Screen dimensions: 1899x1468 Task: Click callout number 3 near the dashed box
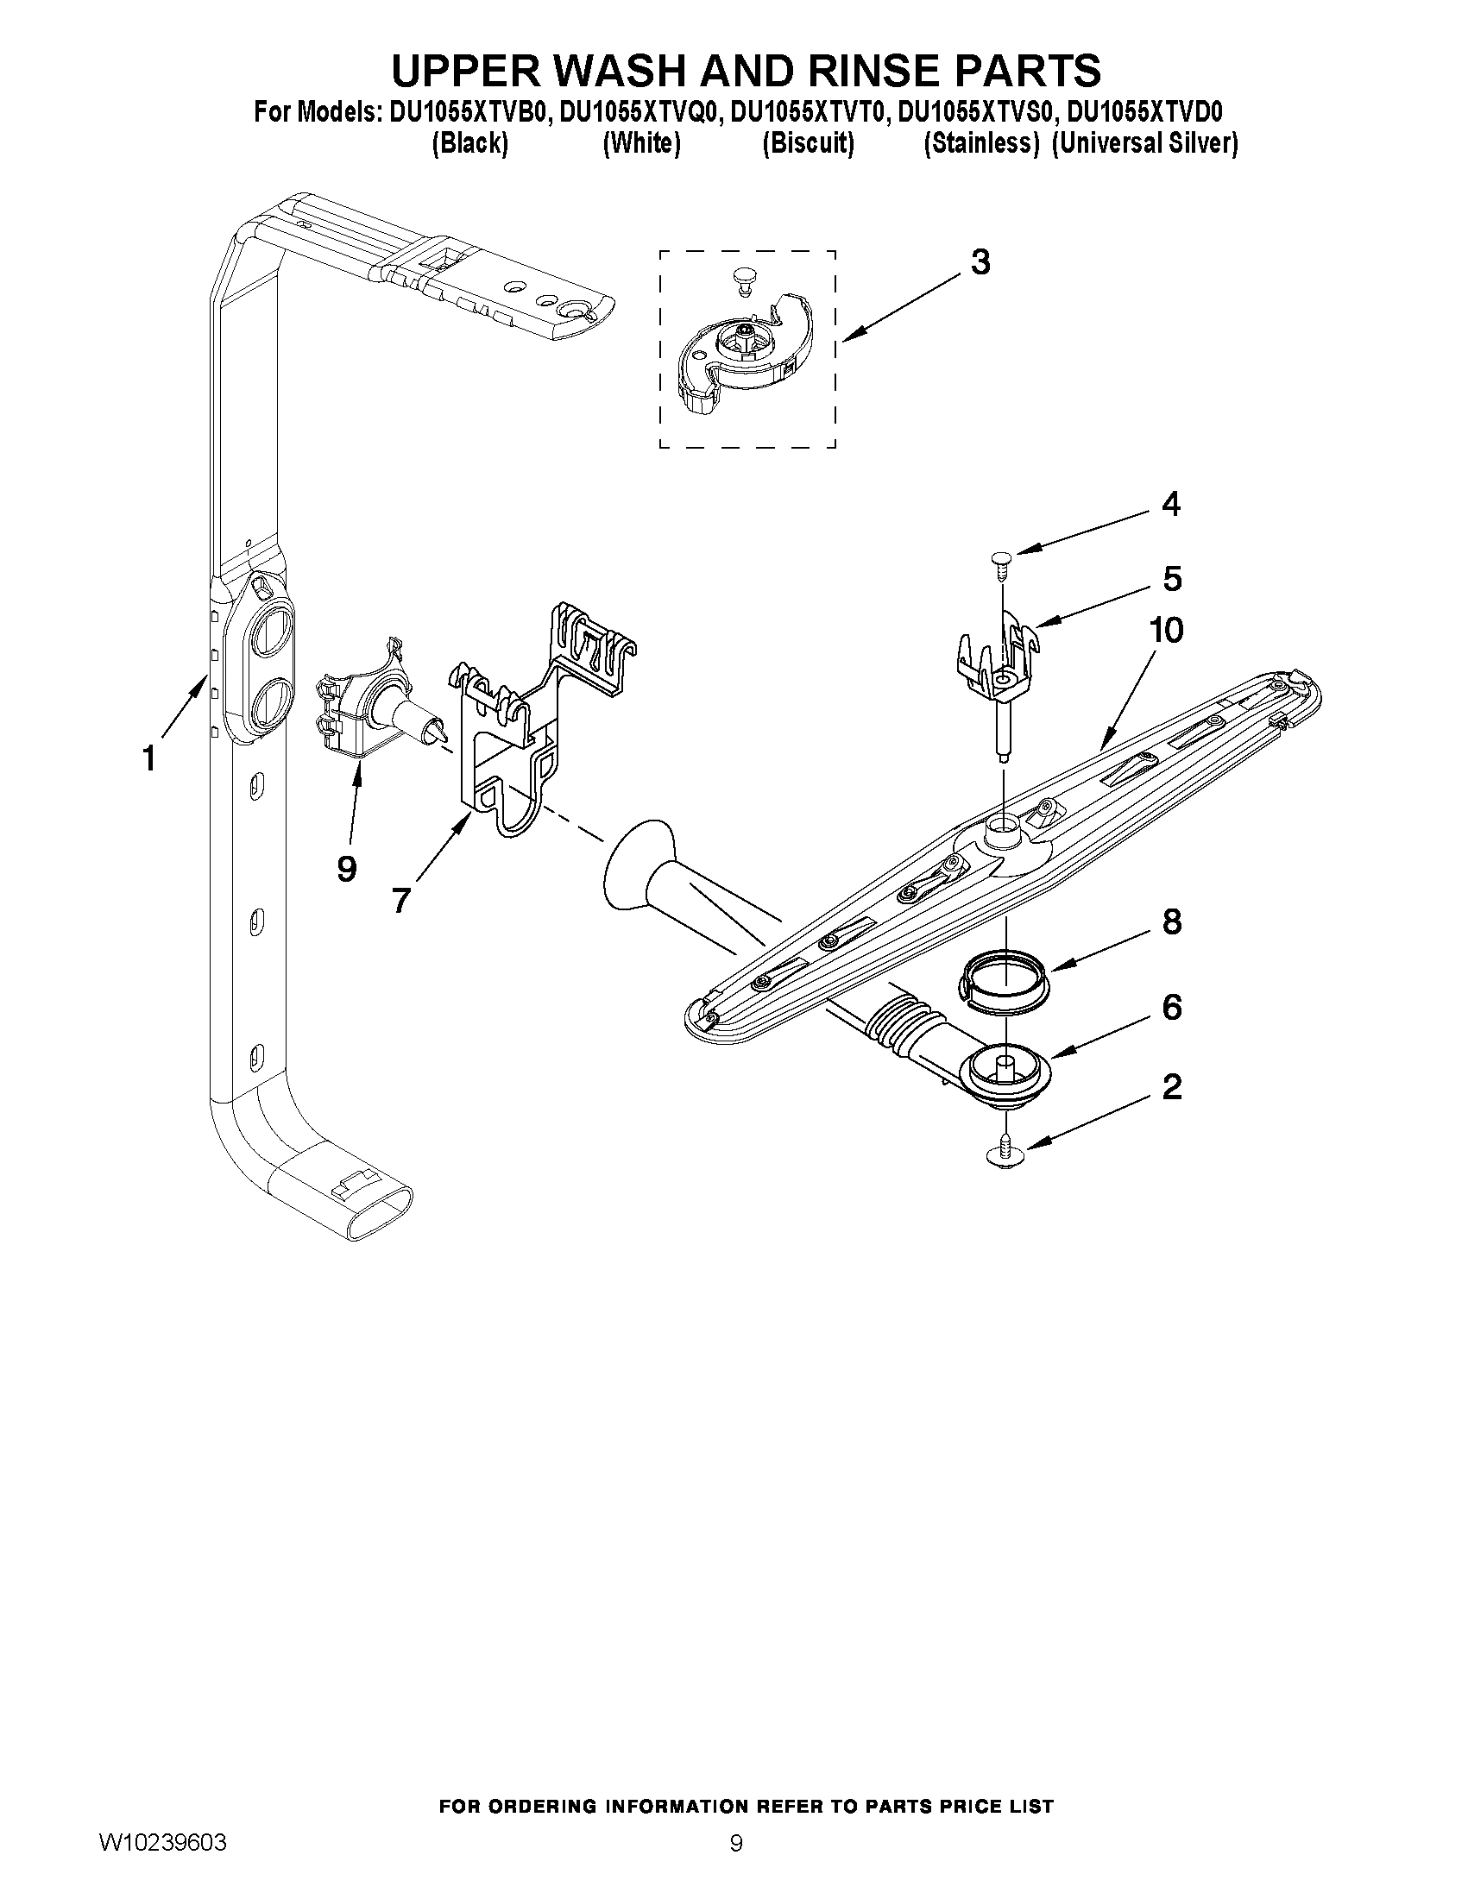click(980, 261)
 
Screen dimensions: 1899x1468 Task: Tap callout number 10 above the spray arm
click(1166, 631)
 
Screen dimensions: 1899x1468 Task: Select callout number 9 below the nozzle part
click(346, 868)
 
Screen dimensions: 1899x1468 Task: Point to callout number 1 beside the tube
click(149, 758)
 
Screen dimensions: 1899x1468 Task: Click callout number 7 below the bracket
click(400, 900)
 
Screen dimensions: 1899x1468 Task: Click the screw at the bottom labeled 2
click(1005, 1154)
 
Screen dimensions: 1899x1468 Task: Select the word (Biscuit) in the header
click(808, 143)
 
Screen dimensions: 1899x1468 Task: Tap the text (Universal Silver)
click(1144, 143)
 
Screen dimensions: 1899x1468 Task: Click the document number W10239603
click(163, 1840)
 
